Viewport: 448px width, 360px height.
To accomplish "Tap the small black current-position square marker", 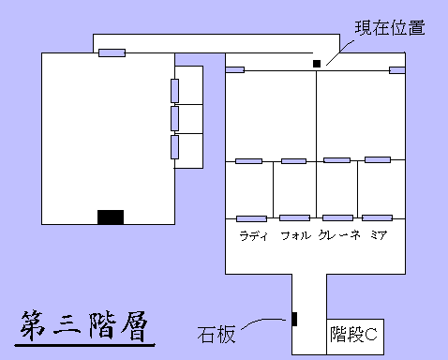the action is point(317,63).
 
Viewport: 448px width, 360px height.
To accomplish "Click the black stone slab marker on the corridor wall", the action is point(294,319).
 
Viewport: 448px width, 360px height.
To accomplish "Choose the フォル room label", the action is point(295,235).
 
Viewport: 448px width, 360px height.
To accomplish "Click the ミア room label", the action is point(379,235).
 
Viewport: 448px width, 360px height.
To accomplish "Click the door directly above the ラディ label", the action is point(251,218).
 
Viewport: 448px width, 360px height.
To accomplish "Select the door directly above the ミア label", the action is point(378,217).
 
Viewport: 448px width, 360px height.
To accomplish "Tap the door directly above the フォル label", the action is point(294,217).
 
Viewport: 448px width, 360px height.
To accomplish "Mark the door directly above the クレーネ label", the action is point(337,217).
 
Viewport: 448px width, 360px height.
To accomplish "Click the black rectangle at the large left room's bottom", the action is point(111,217).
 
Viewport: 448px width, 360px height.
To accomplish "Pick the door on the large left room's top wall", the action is point(112,52).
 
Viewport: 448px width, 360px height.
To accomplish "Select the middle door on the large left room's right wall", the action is point(174,118).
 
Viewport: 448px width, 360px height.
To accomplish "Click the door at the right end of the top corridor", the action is point(397,69).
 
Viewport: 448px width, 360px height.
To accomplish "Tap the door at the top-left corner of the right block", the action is point(235,69).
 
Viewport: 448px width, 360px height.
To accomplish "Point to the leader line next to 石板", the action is point(264,323).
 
